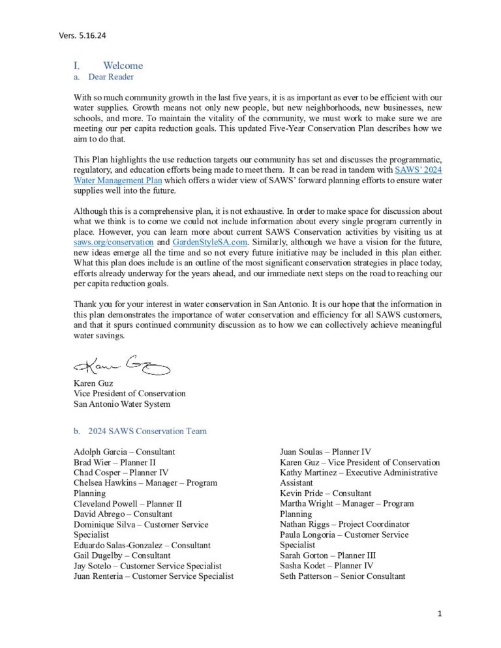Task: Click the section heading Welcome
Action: [x=123, y=66]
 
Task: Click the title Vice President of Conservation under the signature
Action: [x=129, y=394]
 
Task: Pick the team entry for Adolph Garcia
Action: [x=124, y=452]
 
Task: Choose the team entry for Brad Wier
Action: [x=115, y=462]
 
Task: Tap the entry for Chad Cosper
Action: [x=121, y=473]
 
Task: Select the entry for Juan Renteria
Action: [x=153, y=576]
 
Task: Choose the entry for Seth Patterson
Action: [x=342, y=576]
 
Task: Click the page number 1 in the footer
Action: [x=440, y=613]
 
